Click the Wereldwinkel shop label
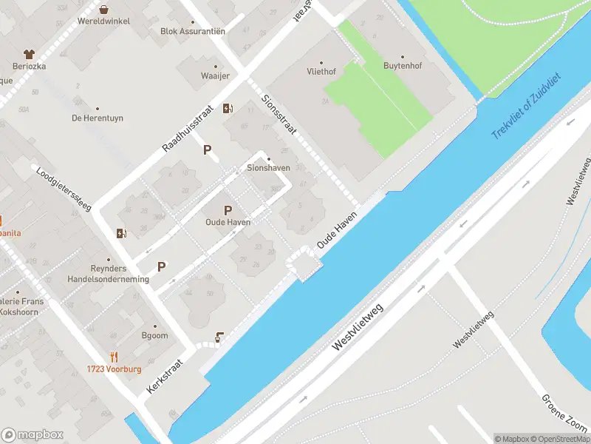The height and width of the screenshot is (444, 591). [x=103, y=21]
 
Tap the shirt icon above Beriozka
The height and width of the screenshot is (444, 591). [x=29, y=54]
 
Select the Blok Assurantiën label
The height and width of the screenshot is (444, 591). [x=193, y=31]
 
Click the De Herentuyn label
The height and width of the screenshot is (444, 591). [x=98, y=118]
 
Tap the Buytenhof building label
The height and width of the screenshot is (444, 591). [x=402, y=66]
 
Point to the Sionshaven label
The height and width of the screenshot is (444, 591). [x=267, y=168]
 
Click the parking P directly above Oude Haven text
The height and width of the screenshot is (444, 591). [x=228, y=210]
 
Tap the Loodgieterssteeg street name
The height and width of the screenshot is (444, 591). [x=63, y=188]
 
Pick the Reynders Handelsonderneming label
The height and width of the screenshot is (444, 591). [x=108, y=274]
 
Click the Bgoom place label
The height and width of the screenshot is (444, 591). [x=154, y=335]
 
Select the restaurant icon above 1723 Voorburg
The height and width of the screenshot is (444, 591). [x=113, y=356]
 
